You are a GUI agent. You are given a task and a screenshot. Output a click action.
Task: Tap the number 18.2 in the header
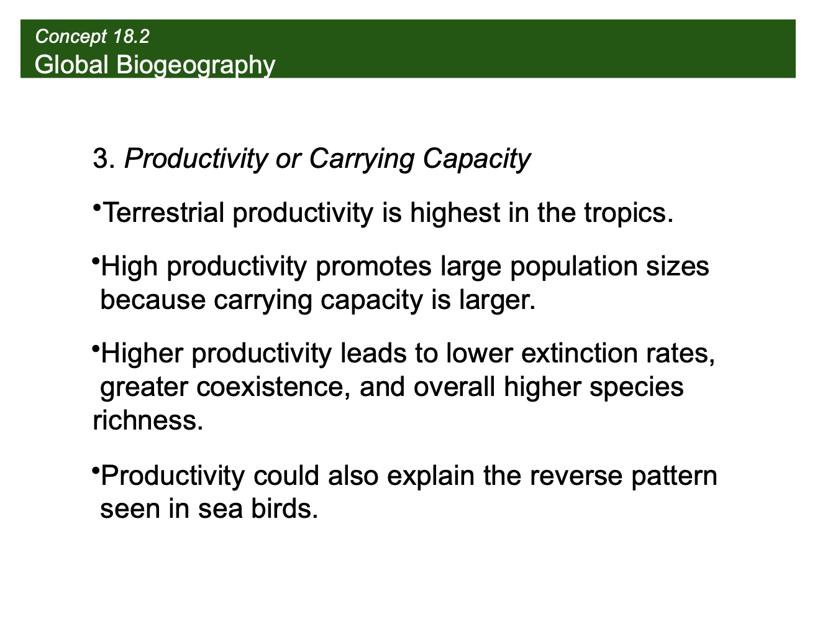[x=131, y=37]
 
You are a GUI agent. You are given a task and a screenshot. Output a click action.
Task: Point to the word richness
[x=148, y=421]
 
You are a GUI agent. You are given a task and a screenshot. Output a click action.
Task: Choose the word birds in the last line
[x=285, y=510]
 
